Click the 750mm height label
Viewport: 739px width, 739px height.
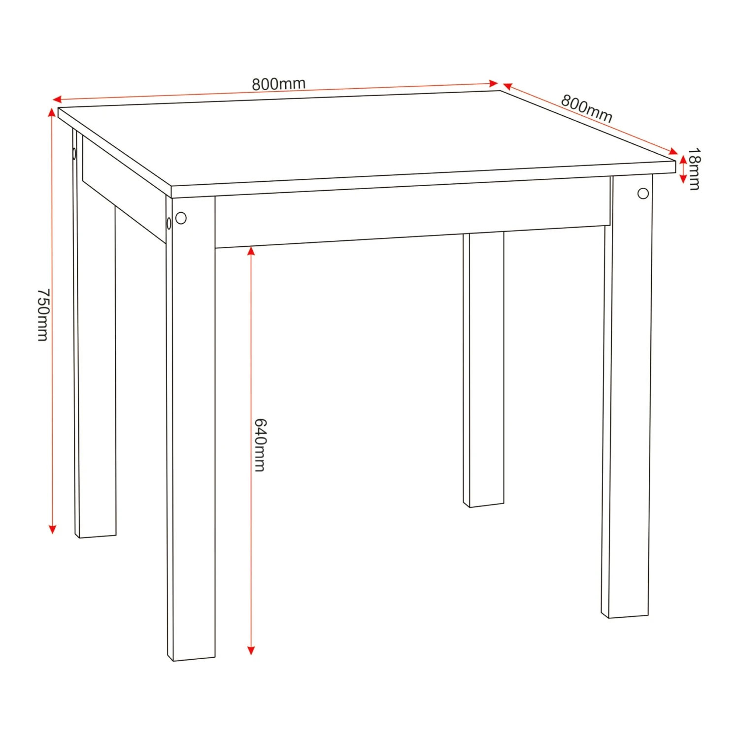pos(43,315)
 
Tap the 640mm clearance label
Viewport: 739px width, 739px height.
pos(260,445)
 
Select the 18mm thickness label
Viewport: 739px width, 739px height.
pos(694,168)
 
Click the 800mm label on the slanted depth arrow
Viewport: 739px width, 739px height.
pos(586,108)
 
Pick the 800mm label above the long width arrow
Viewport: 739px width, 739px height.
pos(279,84)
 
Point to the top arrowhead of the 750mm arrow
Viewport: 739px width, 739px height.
pos(52,112)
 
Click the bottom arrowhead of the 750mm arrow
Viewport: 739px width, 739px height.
pos(52,530)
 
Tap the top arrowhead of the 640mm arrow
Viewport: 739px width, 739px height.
pos(251,251)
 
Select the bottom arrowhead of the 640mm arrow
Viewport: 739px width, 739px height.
pos(251,650)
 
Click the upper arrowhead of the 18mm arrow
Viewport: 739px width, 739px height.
pos(683,159)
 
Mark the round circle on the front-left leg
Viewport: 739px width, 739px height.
pos(181,218)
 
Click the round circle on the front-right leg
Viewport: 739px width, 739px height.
pos(643,194)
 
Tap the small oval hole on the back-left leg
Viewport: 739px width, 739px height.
pos(74,154)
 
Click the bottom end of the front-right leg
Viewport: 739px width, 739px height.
pos(625,616)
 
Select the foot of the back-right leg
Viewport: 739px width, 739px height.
pos(484,504)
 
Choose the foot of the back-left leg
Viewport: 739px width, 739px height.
pos(96,536)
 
